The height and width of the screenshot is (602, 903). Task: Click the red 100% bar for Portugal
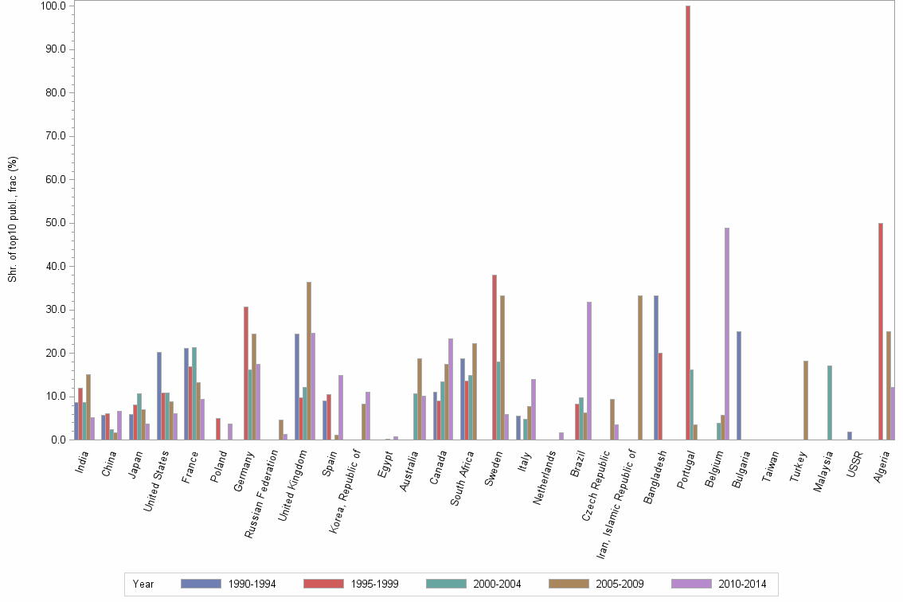pyautogui.click(x=688, y=223)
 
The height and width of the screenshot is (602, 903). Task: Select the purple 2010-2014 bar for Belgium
pyautogui.click(x=727, y=334)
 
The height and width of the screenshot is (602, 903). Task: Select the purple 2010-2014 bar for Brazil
pyautogui.click(x=588, y=370)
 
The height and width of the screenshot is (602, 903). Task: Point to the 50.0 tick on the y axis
pyautogui.click(x=57, y=223)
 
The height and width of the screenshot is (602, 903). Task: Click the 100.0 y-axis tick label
pyautogui.click(x=54, y=6)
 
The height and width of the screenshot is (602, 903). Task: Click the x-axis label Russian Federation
pyautogui.click(x=263, y=494)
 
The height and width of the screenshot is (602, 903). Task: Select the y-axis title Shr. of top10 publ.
pyautogui.click(x=13, y=219)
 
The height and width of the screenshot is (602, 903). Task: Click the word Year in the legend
pyautogui.click(x=143, y=584)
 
